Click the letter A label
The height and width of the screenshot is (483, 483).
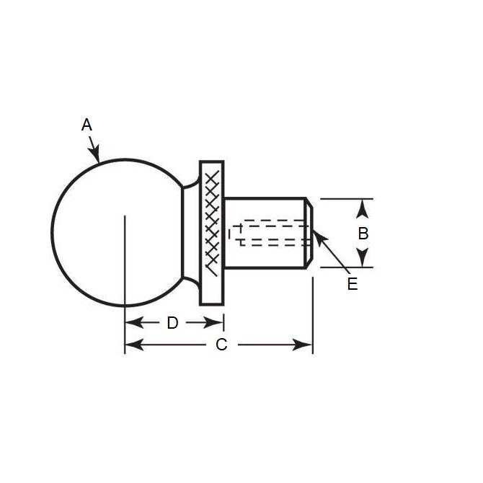tap(87, 125)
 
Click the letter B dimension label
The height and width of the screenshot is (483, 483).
tap(363, 233)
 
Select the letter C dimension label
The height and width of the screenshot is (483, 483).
tap(221, 345)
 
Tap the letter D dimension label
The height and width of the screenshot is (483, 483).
tap(172, 323)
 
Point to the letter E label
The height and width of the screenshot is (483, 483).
tap(352, 284)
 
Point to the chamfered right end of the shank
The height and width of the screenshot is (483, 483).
tap(309, 232)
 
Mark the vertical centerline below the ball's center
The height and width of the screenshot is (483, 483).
tap(125, 274)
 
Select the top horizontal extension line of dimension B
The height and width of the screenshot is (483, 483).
tap(346, 198)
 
